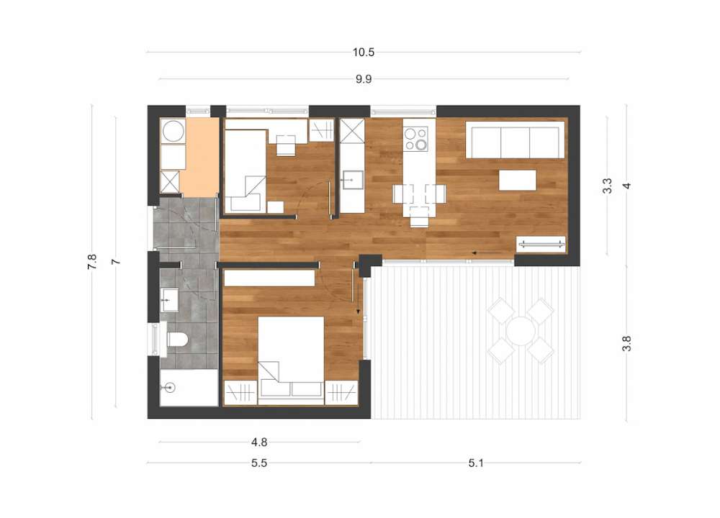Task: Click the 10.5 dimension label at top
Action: [363, 53]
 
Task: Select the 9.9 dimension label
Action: [363, 79]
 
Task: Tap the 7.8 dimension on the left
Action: [92, 262]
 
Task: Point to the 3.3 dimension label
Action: [607, 186]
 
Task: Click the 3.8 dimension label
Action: [627, 344]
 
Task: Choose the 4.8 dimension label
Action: [259, 442]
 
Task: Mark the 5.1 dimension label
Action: [476, 463]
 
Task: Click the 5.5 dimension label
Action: [259, 463]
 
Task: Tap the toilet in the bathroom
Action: [177, 340]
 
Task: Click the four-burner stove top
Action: [415, 139]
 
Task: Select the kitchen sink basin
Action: [352, 180]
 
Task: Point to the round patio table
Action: [521, 331]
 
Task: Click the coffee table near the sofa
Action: [518, 180]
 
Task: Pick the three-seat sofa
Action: [516, 140]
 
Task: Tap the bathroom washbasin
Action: [169, 300]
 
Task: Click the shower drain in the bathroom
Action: [170, 388]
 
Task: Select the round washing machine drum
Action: [173, 131]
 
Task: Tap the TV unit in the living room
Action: [541, 244]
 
